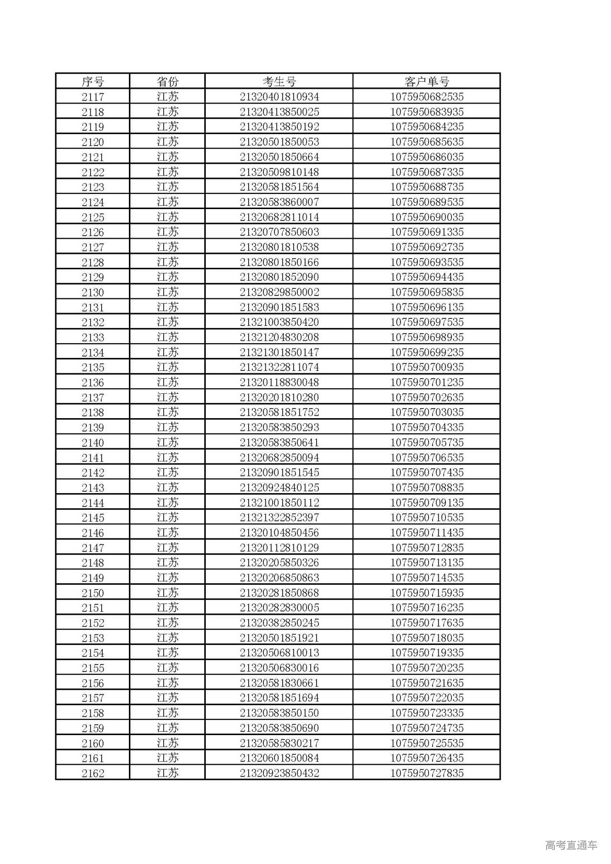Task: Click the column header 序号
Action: click(93, 82)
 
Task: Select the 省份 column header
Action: click(168, 82)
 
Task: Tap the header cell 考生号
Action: click(279, 82)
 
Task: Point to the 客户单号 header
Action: click(427, 82)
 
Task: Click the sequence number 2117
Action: click(93, 97)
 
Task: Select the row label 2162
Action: click(93, 773)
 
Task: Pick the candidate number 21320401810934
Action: click(279, 97)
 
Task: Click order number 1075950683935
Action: click(427, 112)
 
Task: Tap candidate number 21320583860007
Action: click(279, 202)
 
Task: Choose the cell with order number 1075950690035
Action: click(427, 217)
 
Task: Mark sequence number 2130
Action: click(93, 292)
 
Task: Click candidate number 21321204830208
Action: click(279, 337)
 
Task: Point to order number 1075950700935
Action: click(427, 368)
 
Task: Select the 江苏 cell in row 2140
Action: click(168, 443)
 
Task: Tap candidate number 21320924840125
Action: click(279, 487)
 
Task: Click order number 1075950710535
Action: click(427, 517)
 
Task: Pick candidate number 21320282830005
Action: click(279, 608)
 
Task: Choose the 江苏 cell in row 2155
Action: click(168, 668)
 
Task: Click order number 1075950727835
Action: click(427, 773)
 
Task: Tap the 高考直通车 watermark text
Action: click(571, 845)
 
